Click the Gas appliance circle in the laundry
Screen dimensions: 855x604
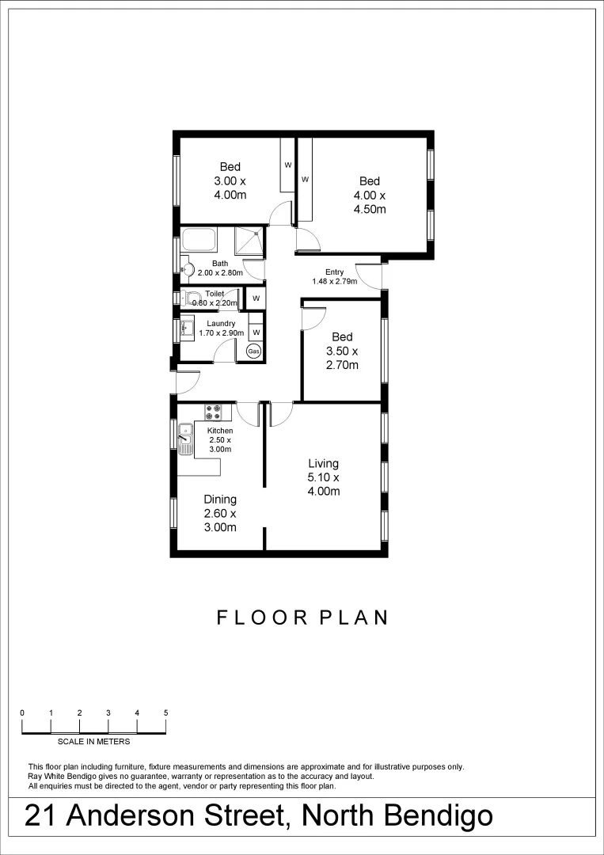point(254,351)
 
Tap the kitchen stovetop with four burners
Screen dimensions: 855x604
point(213,412)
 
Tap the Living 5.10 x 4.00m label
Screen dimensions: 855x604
point(324,477)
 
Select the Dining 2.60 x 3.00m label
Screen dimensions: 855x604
point(220,513)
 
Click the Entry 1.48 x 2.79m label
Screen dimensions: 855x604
point(334,276)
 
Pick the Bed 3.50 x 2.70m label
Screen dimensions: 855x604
point(342,351)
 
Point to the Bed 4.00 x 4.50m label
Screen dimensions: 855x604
point(369,196)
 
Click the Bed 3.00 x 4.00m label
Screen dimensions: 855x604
point(230,180)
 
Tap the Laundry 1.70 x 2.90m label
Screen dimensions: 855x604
point(221,328)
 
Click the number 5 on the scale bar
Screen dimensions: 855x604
point(165,713)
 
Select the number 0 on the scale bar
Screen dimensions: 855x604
point(22,713)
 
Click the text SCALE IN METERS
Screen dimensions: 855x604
point(94,742)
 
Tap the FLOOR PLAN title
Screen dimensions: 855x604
point(302,617)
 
